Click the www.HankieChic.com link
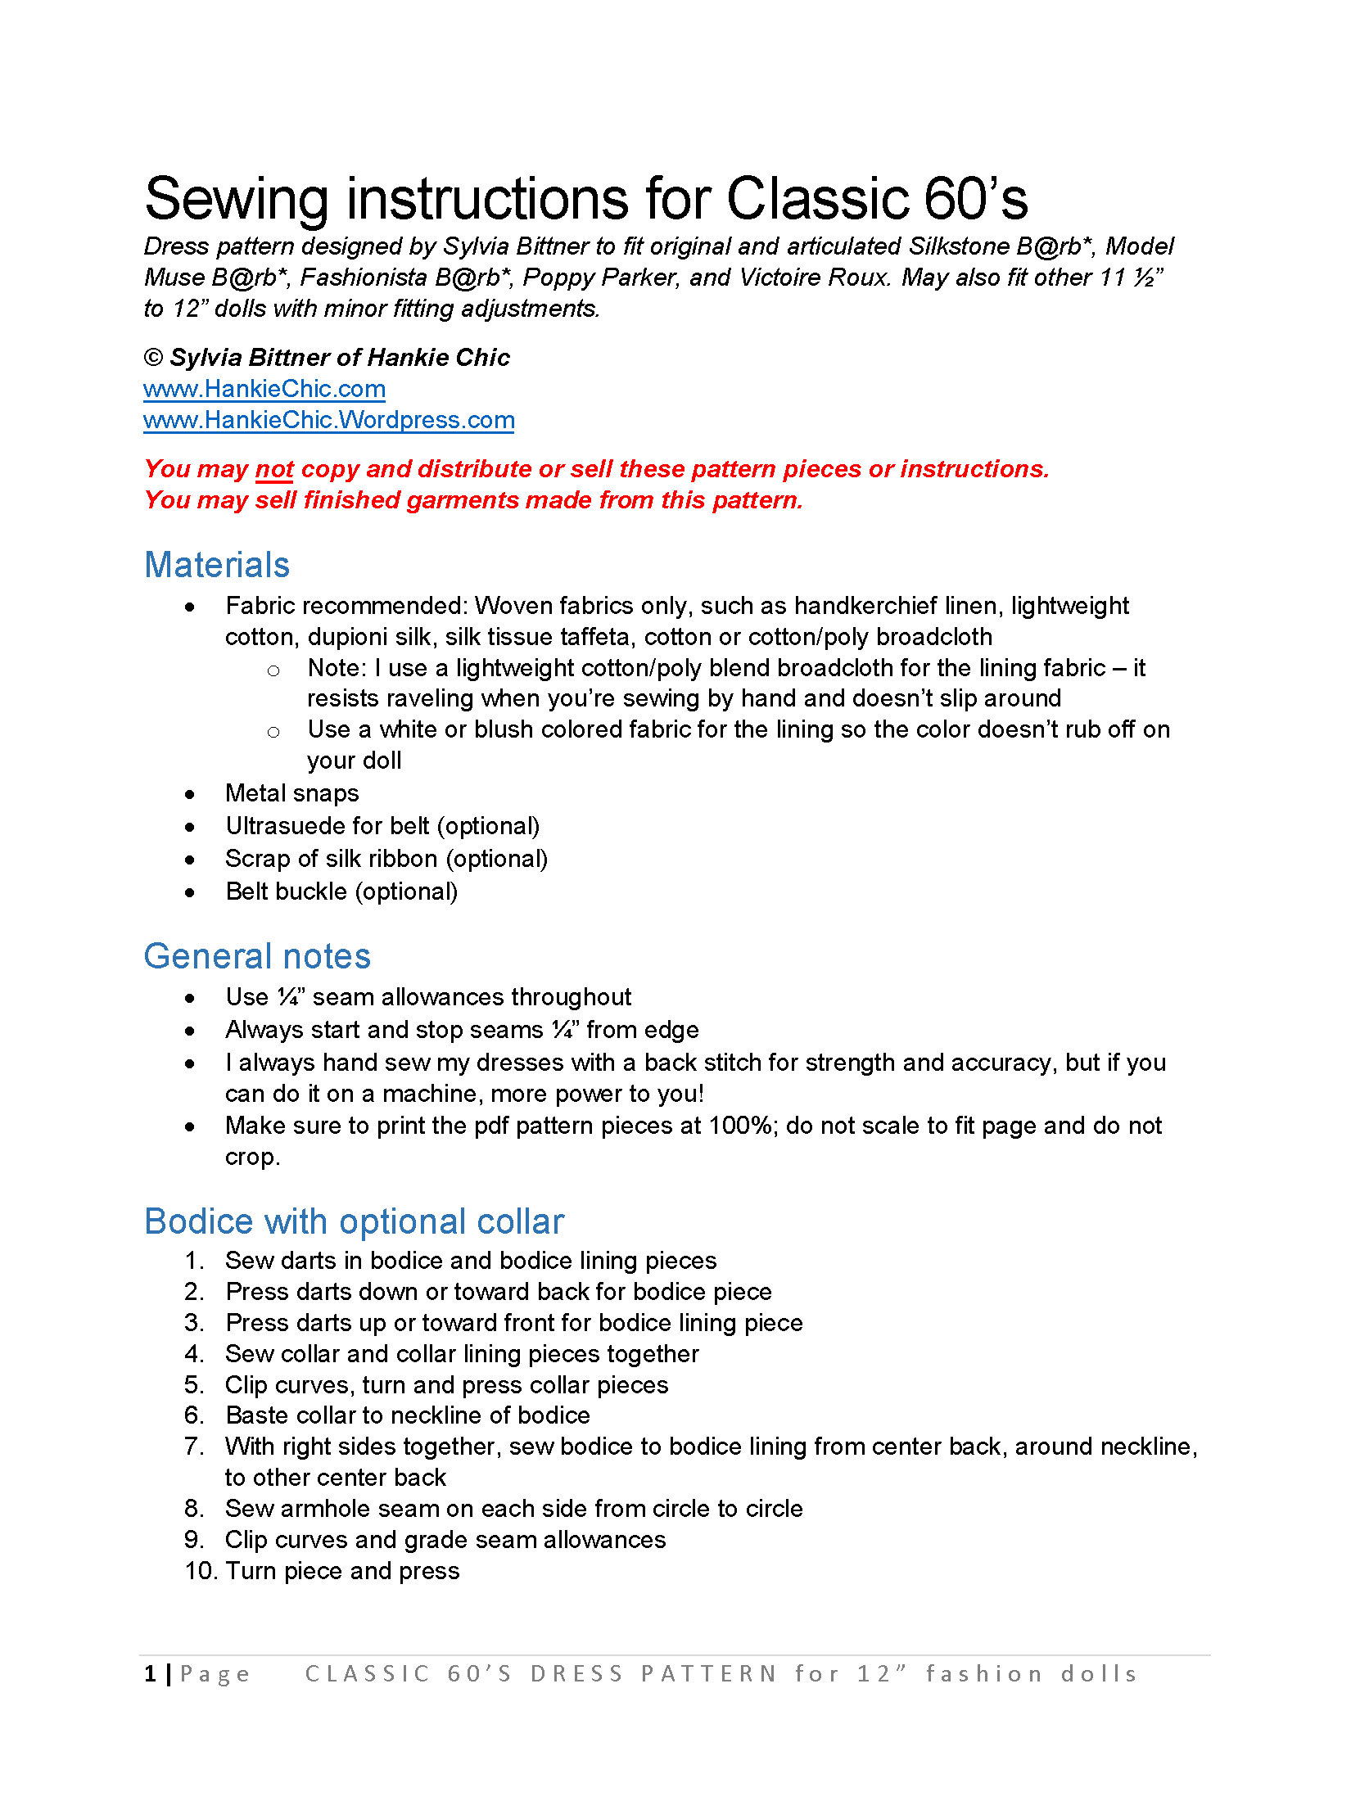[264, 389]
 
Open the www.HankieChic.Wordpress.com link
[328, 420]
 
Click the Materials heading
[217, 565]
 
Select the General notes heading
[257, 956]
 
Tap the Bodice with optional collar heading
[354, 1221]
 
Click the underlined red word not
[274, 469]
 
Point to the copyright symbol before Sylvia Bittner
[153, 358]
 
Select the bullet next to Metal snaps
[190, 794]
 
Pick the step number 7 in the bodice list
[193, 1447]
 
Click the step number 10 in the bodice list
[201, 1571]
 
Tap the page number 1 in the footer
[151, 1674]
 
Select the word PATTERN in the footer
[709, 1674]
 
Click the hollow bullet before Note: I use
[273, 670]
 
